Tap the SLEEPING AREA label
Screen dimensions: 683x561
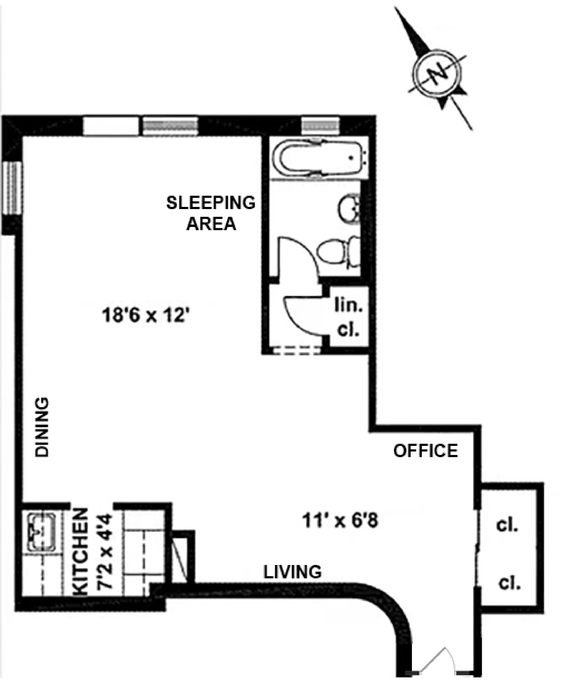(211, 213)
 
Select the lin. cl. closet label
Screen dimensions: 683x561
(348, 318)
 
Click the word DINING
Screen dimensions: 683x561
(42, 427)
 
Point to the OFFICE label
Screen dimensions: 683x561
(426, 451)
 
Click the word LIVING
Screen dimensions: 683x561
(293, 572)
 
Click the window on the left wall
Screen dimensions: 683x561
(12, 187)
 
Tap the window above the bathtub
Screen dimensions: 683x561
(320, 125)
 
